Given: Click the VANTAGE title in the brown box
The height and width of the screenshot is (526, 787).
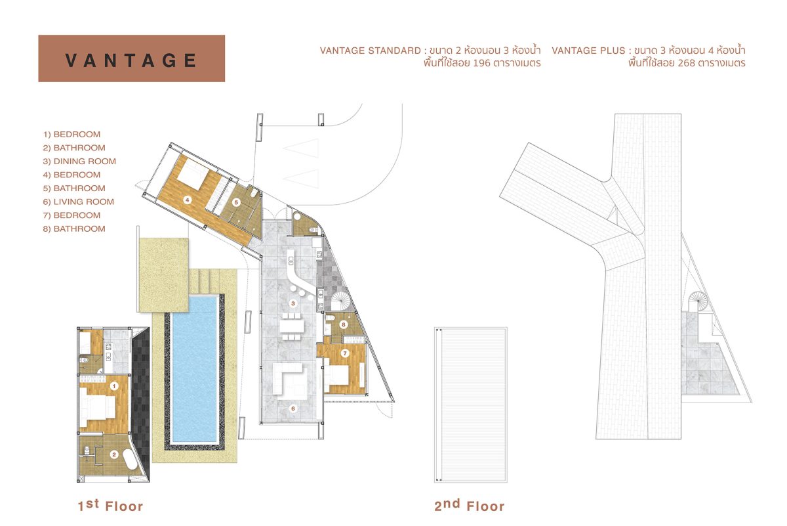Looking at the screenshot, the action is pyautogui.click(x=131, y=60).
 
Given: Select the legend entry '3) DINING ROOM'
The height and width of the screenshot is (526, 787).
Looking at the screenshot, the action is pyautogui.click(x=79, y=161).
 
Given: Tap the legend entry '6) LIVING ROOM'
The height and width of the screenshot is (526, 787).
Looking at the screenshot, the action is pyautogui.click(x=78, y=202).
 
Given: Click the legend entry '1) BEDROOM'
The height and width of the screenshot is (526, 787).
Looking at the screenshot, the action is pyautogui.click(x=71, y=134).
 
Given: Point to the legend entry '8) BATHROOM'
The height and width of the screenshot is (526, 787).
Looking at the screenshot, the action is pyautogui.click(x=74, y=229).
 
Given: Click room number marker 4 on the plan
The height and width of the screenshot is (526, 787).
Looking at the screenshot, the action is pyautogui.click(x=188, y=200).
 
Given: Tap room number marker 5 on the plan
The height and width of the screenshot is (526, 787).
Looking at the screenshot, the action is pyautogui.click(x=236, y=202).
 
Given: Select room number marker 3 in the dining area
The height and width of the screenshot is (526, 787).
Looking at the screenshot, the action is pyautogui.click(x=293, y=303).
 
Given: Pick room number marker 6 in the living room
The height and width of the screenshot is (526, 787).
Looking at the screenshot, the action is pyautogui.click(x=293, y=408).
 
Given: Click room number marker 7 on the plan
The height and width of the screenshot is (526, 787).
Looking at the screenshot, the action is pyautogui.click(x=345, y=353).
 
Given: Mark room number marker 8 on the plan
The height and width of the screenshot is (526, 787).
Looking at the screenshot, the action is pyautogui.click(x=344, y=324).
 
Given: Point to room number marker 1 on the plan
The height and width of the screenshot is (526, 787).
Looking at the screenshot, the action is pyautogui.click(x=113, y=386).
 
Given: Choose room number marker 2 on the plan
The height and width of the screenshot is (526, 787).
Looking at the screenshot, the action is pyautogui.click(x=113, y=454).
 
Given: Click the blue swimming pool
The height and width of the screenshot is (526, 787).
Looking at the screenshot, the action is pyautogui.click(x=194, y=369).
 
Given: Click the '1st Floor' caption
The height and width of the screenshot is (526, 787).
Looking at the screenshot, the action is pyautogui.click(x=110, y=506).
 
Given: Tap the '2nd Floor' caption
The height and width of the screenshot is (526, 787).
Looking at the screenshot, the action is pyautogui.click(x=470, y=506).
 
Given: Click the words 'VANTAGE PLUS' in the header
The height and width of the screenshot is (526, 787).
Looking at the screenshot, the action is pyautogui.click(x=588, y=51).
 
